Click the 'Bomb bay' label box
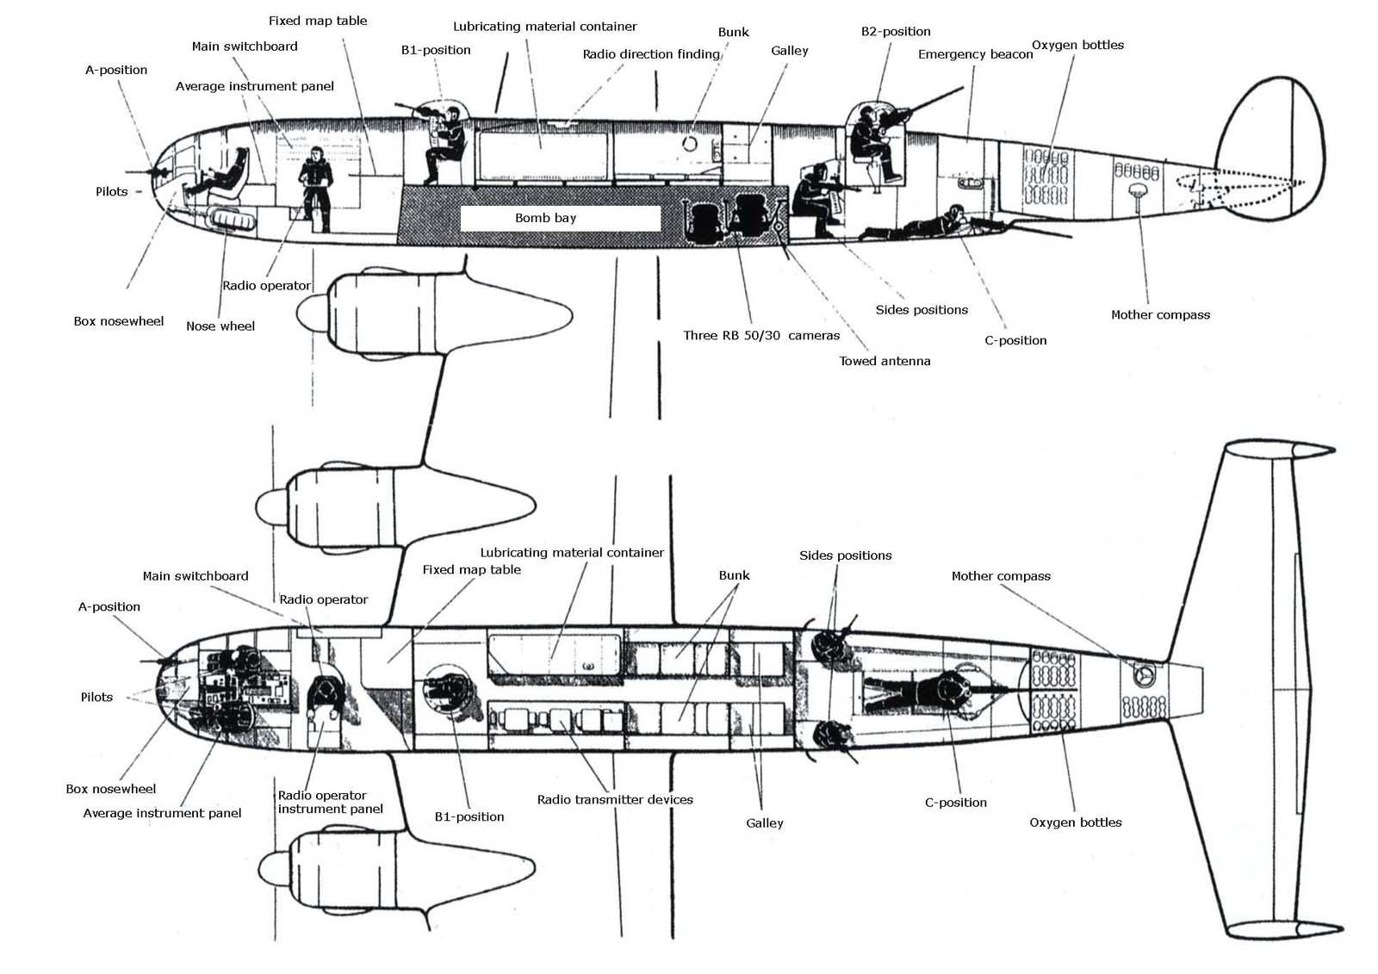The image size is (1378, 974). point(560,218)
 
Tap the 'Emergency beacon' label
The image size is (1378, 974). point(975,54)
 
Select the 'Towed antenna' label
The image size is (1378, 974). point(885,361)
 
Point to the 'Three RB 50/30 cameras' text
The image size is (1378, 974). point(760,335)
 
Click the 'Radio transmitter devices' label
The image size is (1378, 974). point(615,799)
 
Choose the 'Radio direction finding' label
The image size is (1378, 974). point(651,54)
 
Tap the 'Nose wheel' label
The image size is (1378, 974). point(220,326)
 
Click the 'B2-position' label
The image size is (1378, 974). point(896,31)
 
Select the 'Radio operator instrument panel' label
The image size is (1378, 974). point(330,802)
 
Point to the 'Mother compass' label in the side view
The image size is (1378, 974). point(1160,314)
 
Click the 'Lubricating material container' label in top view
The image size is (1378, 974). point(572,552)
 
